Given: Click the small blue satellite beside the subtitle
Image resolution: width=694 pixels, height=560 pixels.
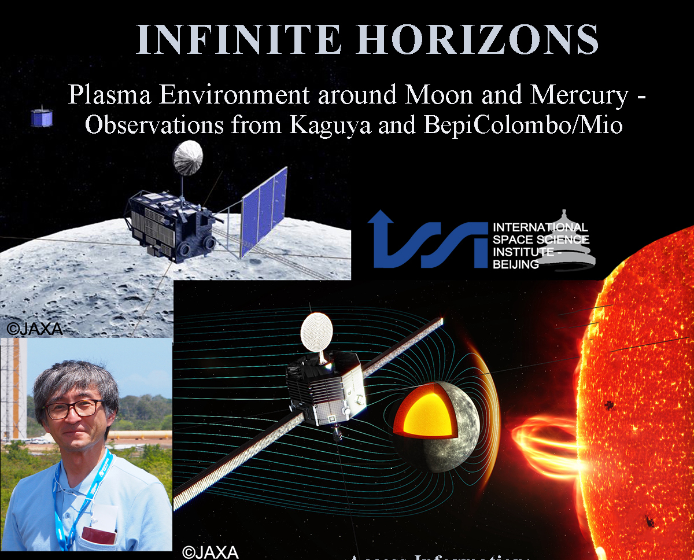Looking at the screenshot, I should tap(42, 116).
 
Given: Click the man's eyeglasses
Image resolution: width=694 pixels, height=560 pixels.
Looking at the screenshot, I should tap(73, 408).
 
